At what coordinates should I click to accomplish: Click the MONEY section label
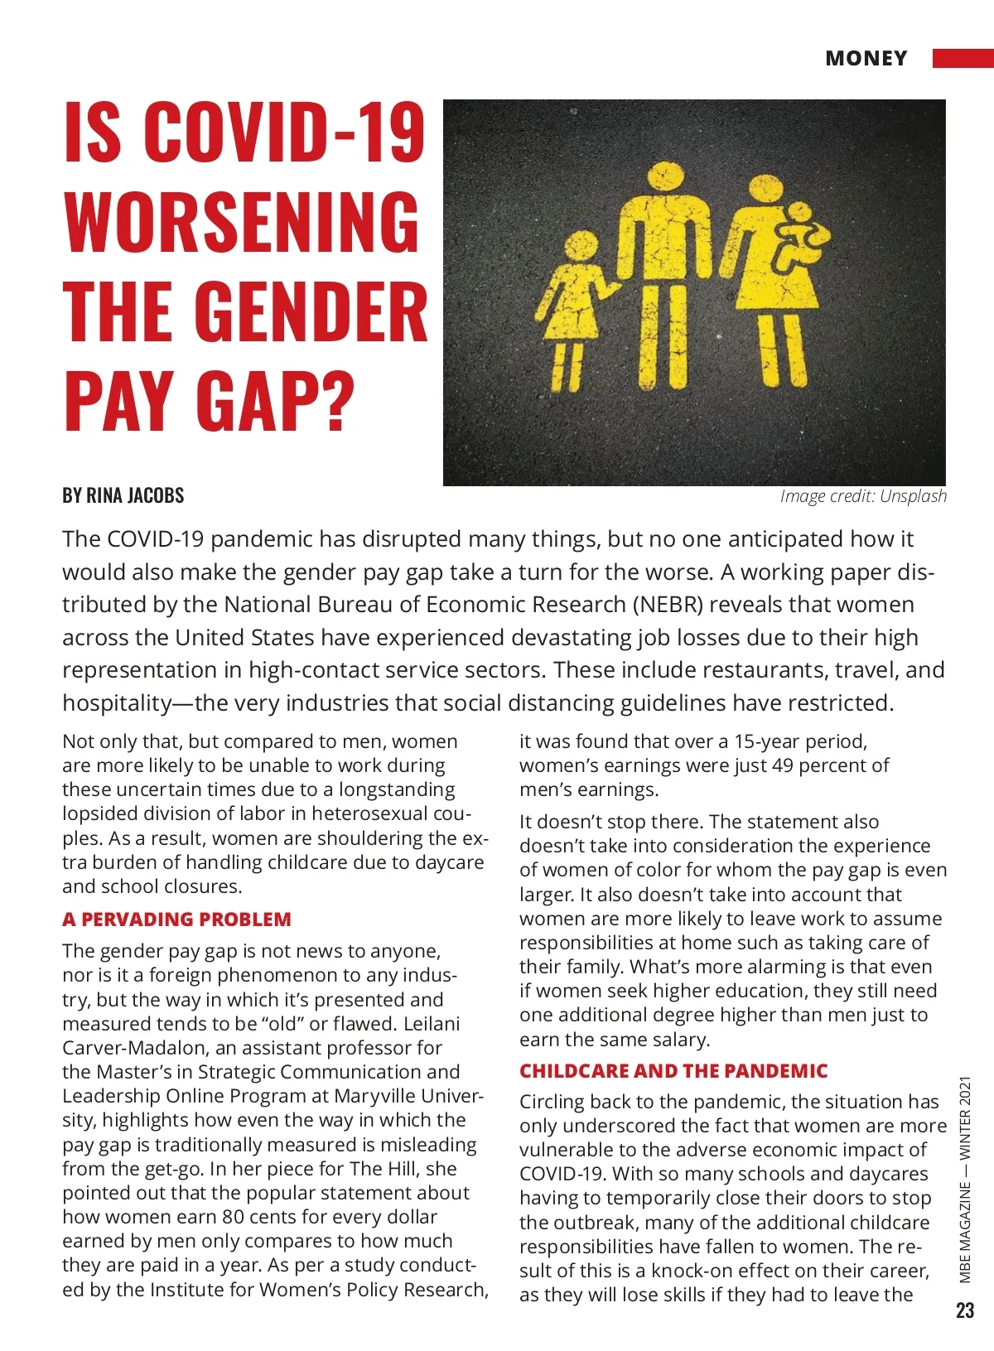866,59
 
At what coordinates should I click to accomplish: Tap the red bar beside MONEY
963,58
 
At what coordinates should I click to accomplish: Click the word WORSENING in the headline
242,221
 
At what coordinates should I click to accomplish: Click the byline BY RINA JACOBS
123,495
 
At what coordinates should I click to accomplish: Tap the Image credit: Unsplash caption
862,496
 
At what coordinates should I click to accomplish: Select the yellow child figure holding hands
576,306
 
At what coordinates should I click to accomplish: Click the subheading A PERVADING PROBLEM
176,919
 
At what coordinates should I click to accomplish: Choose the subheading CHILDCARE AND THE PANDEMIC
673,1071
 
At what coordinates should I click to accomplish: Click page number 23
965,1310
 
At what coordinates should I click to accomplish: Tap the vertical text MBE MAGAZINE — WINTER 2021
965,1179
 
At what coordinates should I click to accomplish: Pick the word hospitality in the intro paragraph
116,703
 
